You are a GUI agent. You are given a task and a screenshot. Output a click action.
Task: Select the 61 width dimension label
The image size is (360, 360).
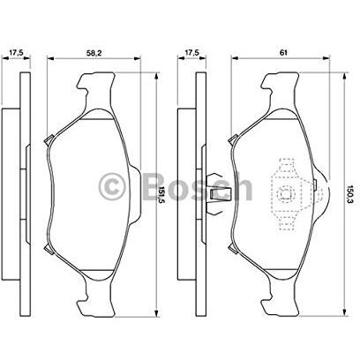click(x=283, y=53)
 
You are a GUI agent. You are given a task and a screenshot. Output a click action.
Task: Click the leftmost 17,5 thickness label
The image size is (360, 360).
click(x=16, y=53)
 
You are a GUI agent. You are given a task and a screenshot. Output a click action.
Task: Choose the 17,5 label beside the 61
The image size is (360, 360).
click(x=191, y=53)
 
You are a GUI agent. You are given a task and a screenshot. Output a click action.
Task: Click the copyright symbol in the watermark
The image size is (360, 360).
click(x=112, y=186)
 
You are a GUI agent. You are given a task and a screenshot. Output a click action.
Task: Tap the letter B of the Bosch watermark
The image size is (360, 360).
click(x=154, y=186)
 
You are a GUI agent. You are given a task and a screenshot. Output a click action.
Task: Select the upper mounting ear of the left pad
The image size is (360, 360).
click(x=96, y=88)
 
